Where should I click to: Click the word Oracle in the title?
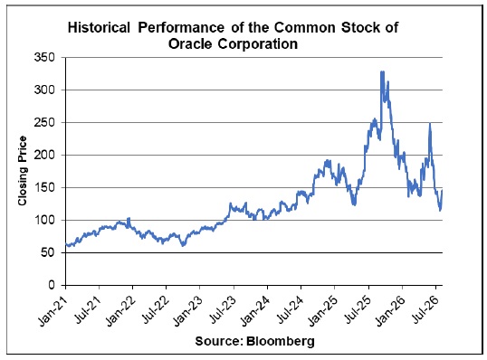coord(190,43)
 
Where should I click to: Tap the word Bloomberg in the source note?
coord(281,341)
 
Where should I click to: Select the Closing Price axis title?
coord(23,171)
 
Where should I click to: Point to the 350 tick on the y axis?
coord(44,57)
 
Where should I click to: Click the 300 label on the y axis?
coord(44,90)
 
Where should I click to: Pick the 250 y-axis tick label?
coord(44,123)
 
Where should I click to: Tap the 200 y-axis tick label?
coord(44,156)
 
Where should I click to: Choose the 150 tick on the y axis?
coord(44,188)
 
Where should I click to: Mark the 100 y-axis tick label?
coord(44,221)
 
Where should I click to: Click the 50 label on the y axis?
coord(48,253)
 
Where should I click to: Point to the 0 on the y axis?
coord(52,285)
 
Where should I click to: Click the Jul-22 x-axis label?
coord(155,309)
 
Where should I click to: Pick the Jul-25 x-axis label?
coord(358,309)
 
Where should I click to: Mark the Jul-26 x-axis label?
coord(425,309)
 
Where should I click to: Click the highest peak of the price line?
coord(382,71)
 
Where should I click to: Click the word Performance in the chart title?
coord(181,28)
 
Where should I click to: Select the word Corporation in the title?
coord(258,43)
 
